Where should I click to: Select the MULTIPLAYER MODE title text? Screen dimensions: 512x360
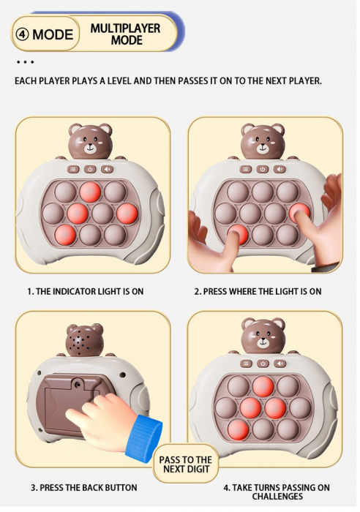(x=126, y=34)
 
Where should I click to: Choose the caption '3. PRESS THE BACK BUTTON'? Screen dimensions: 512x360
(x=83, y=487)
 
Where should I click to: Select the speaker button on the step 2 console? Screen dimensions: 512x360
(x=279, y=169)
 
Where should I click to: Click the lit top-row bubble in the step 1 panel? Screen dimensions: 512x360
(x=90, y=192)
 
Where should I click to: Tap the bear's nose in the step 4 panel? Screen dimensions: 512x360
(x=263, y=339)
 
